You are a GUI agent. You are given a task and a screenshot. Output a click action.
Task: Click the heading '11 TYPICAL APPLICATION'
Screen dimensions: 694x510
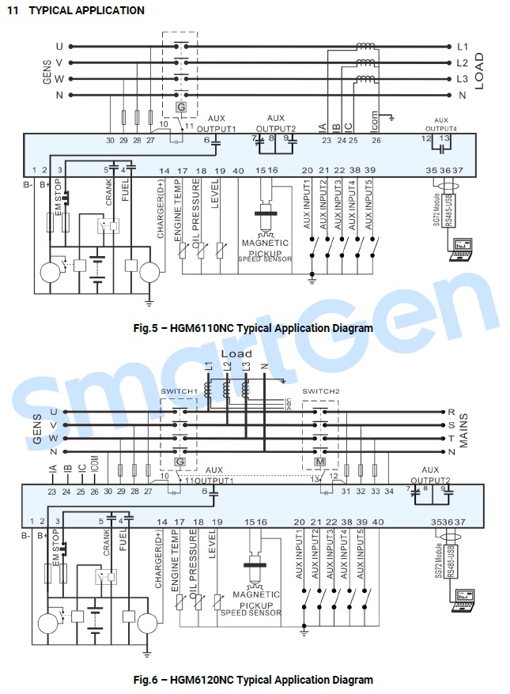76,10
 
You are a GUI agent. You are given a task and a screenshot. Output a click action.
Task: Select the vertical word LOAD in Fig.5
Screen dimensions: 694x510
479,70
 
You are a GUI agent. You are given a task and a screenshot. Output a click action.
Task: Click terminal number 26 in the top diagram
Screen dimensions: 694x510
376,140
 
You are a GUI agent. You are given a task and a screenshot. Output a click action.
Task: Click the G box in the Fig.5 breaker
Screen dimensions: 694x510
180,107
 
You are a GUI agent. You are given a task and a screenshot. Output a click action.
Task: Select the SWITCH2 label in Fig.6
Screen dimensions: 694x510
321,391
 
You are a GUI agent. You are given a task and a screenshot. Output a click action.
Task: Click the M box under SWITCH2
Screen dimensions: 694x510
322,462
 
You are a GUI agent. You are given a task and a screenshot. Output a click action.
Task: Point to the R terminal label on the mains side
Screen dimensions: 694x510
451,412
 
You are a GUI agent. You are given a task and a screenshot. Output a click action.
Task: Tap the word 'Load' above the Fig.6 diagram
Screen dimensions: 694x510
236,353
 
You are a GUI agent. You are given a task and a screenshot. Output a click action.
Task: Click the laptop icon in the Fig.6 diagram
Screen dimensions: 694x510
459,601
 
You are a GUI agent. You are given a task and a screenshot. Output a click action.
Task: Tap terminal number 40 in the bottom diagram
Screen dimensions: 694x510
377,522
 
